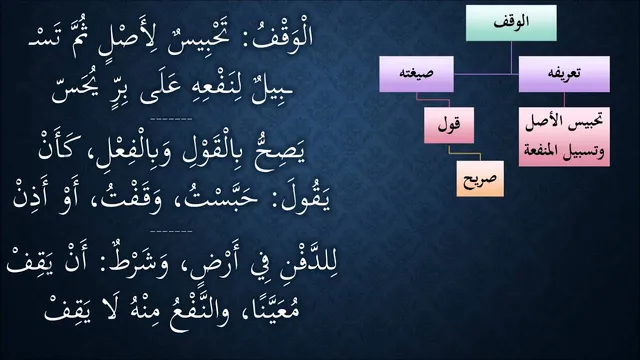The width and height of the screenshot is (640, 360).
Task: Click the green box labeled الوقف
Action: point(511,23)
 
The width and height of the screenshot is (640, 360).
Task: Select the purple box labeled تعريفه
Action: point(564,74)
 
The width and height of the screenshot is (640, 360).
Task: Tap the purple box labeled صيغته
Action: point(416,74)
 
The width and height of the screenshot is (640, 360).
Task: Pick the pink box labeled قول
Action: point(449,125)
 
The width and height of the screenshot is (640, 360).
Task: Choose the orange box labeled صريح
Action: point(480,178)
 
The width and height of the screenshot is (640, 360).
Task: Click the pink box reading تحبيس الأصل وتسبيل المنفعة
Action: point(564,137)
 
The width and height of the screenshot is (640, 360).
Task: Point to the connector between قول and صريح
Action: point(464,153)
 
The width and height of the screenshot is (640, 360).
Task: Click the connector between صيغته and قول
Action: point(433,100)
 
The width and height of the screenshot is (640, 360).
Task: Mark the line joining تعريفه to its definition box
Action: point(564,100)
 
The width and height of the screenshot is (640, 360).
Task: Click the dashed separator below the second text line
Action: point(171,120)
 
